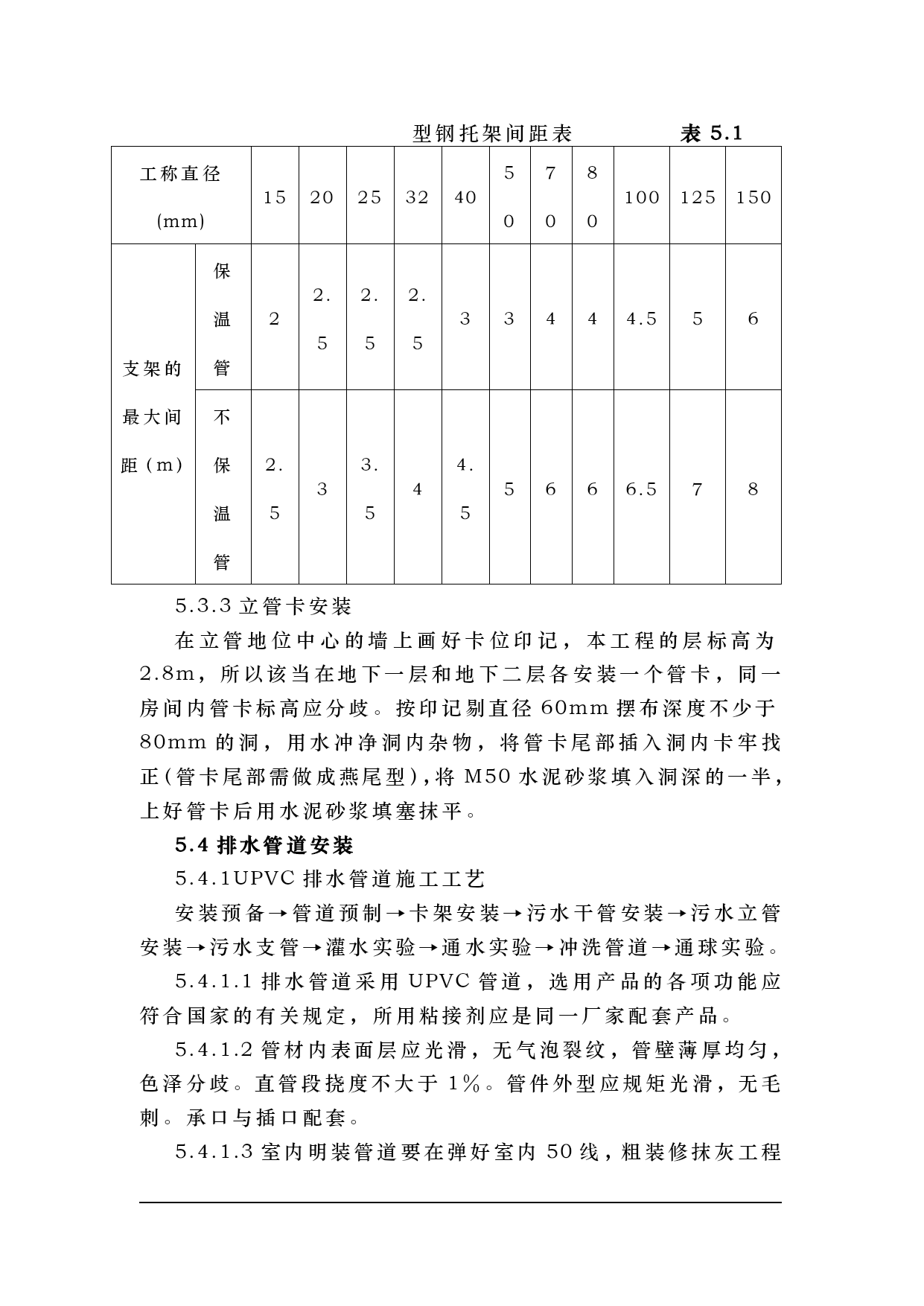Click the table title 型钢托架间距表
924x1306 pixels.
[492, 134]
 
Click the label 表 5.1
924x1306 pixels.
[711, 134]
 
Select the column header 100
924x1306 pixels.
[642, 197]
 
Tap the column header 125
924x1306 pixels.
[698, 197]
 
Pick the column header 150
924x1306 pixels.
[753, 197]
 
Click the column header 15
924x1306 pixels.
[275, 197]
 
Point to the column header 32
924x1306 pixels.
[418, 197]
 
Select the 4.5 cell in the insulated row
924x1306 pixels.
[642, 319]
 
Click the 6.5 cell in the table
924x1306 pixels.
[642, 489]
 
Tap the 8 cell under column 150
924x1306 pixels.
[753, 489]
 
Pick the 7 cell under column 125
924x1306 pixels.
[698, 489]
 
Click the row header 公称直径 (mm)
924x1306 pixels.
[181, 197]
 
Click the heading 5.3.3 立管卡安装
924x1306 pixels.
[263, 607]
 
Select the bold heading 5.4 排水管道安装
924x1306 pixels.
[264, 845]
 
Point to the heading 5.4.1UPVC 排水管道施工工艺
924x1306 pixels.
[330, 879]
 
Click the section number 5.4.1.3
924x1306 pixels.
[216, 1153]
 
